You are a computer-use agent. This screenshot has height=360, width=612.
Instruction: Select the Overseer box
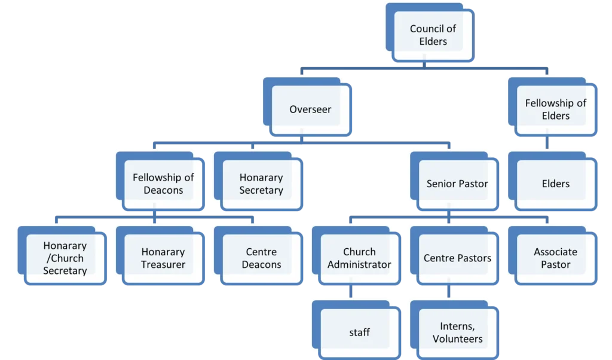pos(310,109)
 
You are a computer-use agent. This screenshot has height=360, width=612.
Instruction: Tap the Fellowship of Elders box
pos(556,109)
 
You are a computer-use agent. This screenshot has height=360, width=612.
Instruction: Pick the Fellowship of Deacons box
pos(163,184)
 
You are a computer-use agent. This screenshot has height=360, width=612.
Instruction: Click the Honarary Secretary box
pos(261,184)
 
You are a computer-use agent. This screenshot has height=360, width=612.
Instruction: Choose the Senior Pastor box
pos(457,184)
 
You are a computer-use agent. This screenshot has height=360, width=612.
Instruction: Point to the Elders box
pos(556,184)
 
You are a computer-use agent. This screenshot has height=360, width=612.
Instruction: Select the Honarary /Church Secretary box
pos(65,258)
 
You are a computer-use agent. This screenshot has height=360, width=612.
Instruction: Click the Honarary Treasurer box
pos(163,258)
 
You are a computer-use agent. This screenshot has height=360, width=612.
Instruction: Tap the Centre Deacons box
pos(261,258)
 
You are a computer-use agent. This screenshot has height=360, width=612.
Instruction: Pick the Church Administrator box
pos(359,258)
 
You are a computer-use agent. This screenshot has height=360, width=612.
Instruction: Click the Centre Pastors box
pos(457,258)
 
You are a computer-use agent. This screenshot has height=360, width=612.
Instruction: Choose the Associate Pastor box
pos(556,258)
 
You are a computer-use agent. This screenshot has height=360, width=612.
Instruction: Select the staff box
pos(359,332)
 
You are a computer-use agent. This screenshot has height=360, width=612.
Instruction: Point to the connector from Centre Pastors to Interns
pos(448,292)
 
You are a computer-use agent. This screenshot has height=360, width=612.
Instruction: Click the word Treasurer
pos(163,264)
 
